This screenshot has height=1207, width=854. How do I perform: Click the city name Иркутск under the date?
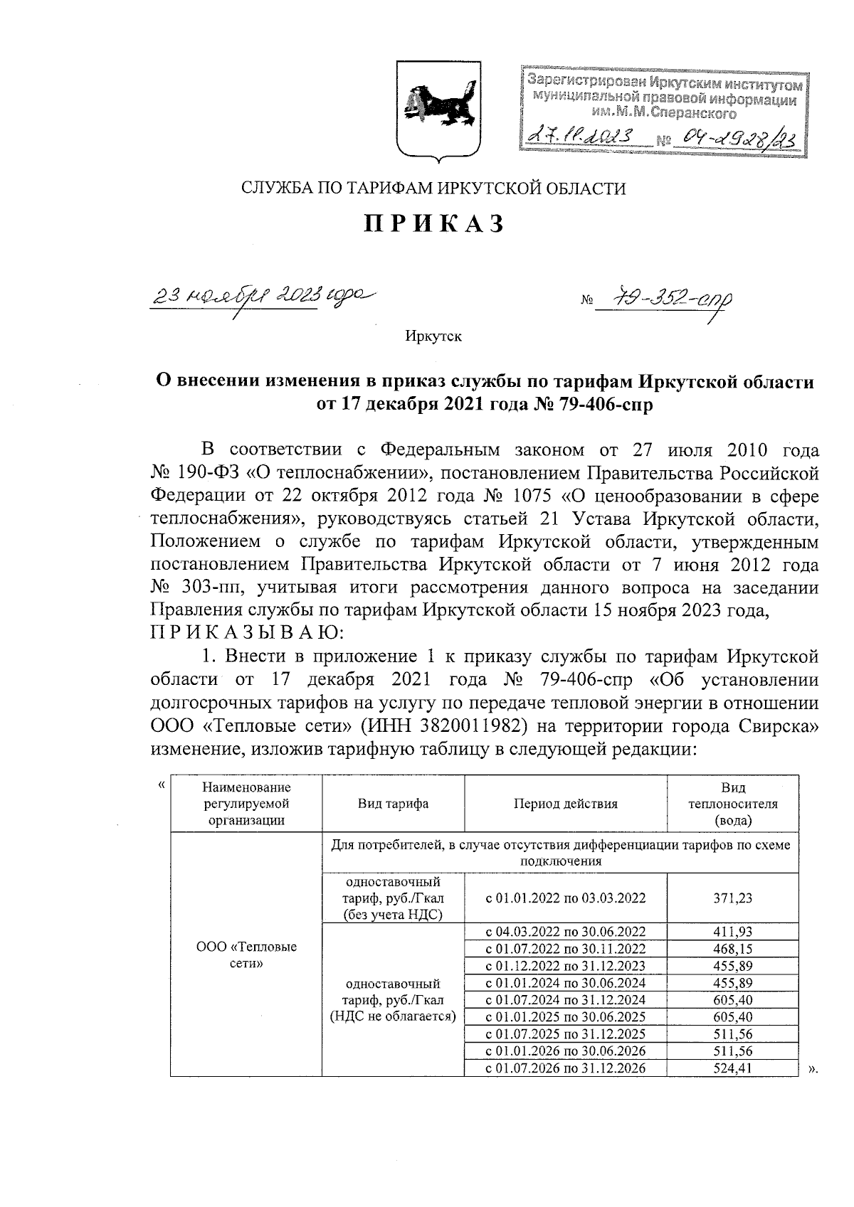click(x=433, y=336)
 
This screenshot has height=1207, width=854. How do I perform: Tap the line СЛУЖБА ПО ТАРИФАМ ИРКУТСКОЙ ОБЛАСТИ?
click(x=434, y=188)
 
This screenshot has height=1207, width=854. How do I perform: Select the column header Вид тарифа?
click(x=393, y=804)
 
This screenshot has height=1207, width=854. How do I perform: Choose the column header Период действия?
click(x=566, y=804)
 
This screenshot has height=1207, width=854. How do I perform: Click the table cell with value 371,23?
click(x=733, y=898)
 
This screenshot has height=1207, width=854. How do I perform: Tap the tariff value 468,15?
click(x=733, y=949)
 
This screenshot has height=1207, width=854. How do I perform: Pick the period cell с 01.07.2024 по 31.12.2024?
click(x=566, y=999)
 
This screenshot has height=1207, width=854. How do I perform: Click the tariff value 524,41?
click(x=733, y=1068)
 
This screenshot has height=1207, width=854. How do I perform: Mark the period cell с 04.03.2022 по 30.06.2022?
click(x=566, y=932)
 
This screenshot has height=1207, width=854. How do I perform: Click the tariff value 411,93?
click(x=733, y=932)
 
